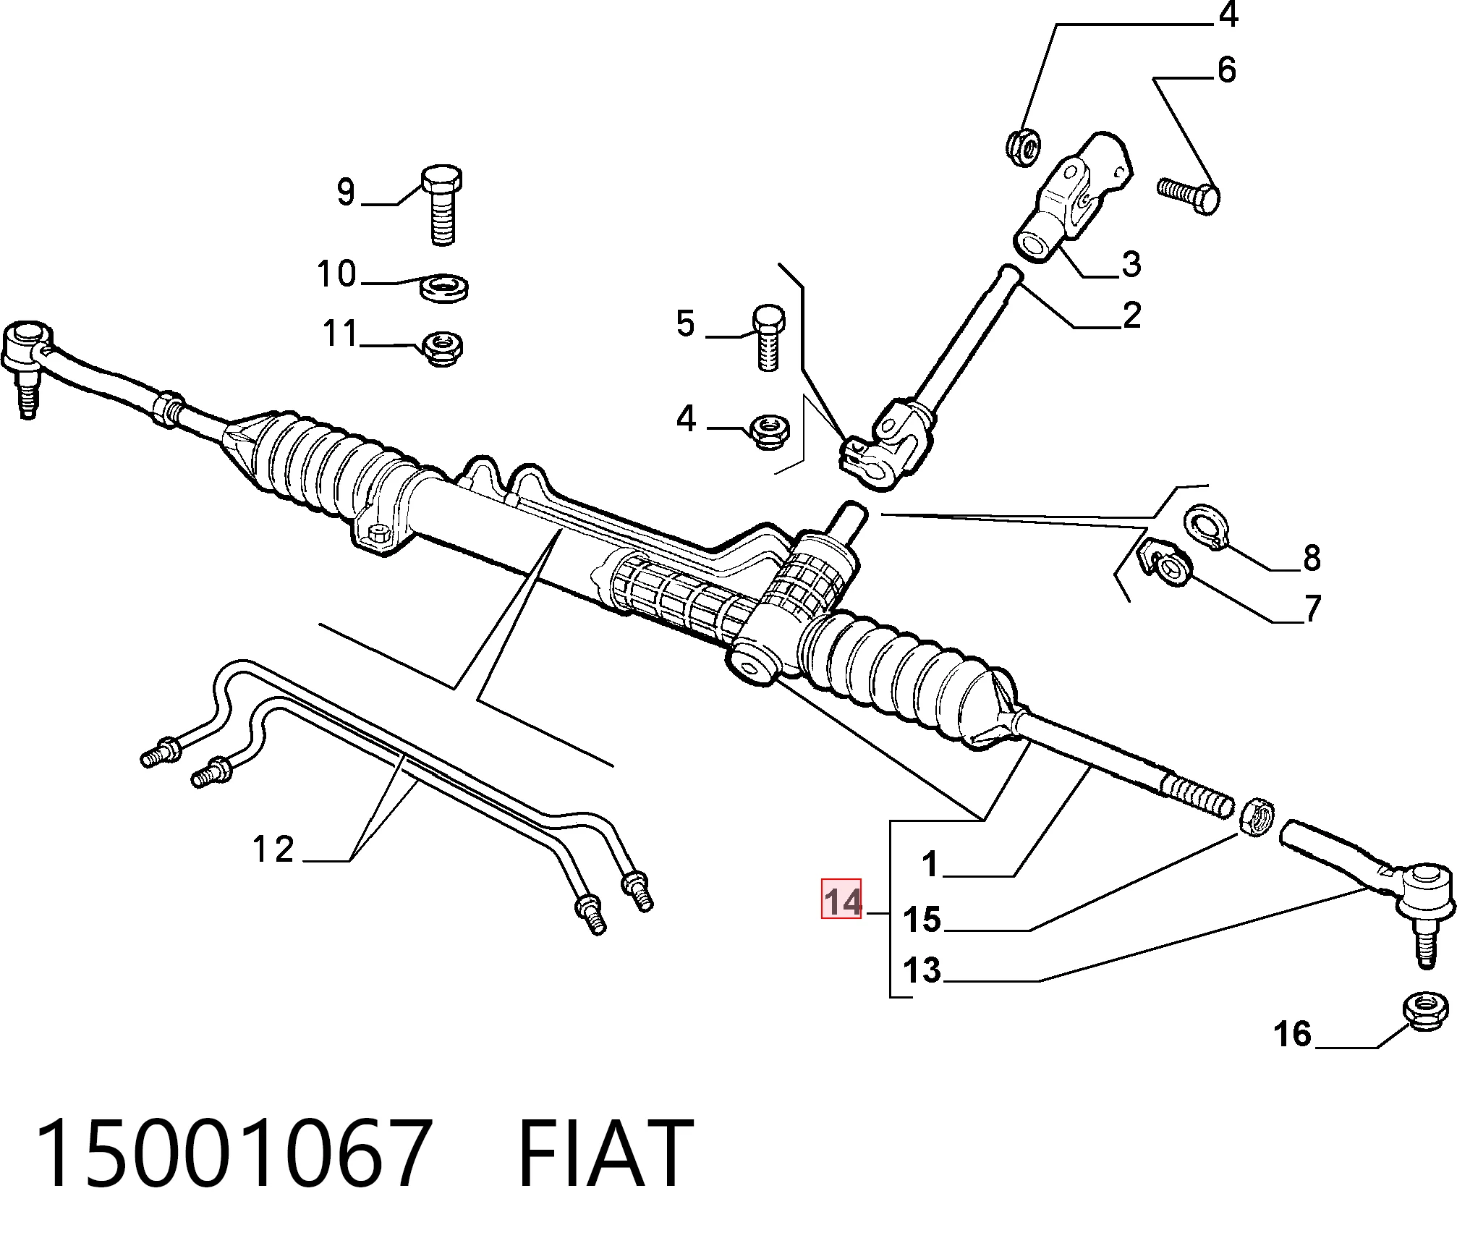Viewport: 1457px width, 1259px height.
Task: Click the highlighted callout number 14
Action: click(x=841, y=901)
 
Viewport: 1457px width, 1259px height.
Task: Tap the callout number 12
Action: click(x=273, y=849)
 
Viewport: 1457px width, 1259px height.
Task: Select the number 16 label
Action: click(x=1292, y=1034)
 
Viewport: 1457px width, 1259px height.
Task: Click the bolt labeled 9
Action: click(x=441, y=205)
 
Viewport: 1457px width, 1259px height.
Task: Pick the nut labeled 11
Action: click(x=442, y=349)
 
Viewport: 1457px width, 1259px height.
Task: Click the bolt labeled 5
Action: click(x=768, y=338)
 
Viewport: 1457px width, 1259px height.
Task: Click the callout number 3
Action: click(x=1131, y=264)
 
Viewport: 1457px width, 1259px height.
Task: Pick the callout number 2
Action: click(x=1131, y=315)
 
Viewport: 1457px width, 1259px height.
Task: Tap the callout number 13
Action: click(x=921, y=970)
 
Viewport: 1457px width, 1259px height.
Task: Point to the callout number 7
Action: click(x=1312, y=607)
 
